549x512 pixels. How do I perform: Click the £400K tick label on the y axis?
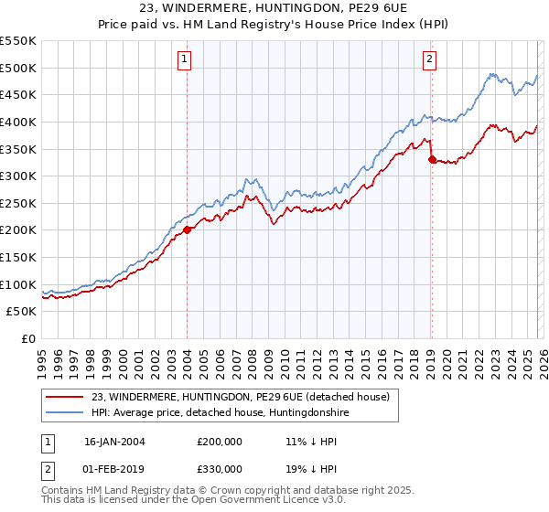pyautogui.click(x=18, y=122)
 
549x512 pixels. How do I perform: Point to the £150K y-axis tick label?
pyautogui.click(x=18, y=257)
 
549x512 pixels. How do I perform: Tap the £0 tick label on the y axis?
pyautogui.click(x=27, y=338)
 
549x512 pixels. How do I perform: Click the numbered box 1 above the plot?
pyautogui.click(x=185, y=60)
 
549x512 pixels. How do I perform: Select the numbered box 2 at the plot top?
pyautogui.click(x=429, y=60)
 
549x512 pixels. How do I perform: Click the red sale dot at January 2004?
pyautogui.click(x=187, y=230)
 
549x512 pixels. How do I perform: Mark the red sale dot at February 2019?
pyautogui.click(x=431, y=159)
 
